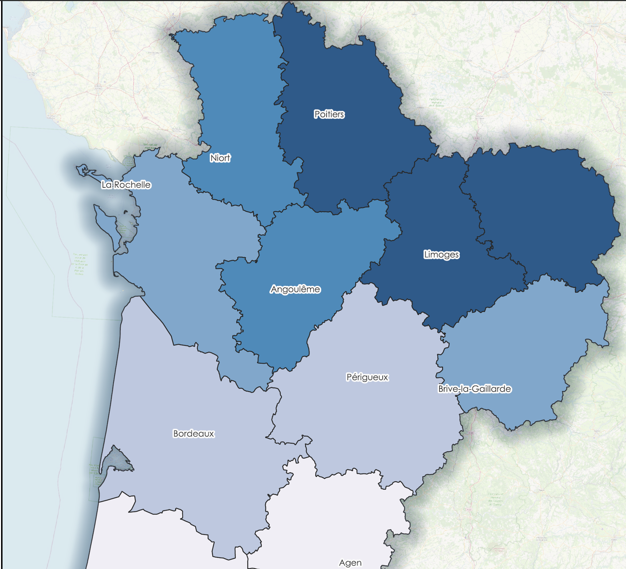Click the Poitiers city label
pos(329,114)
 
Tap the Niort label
pos(220,158)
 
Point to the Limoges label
pos(441,255)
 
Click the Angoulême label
pos(295,289)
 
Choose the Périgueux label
pos(367,377)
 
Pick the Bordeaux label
pos(193,434)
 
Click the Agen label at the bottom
pos(350,563)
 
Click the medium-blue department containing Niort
pos(236,107)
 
